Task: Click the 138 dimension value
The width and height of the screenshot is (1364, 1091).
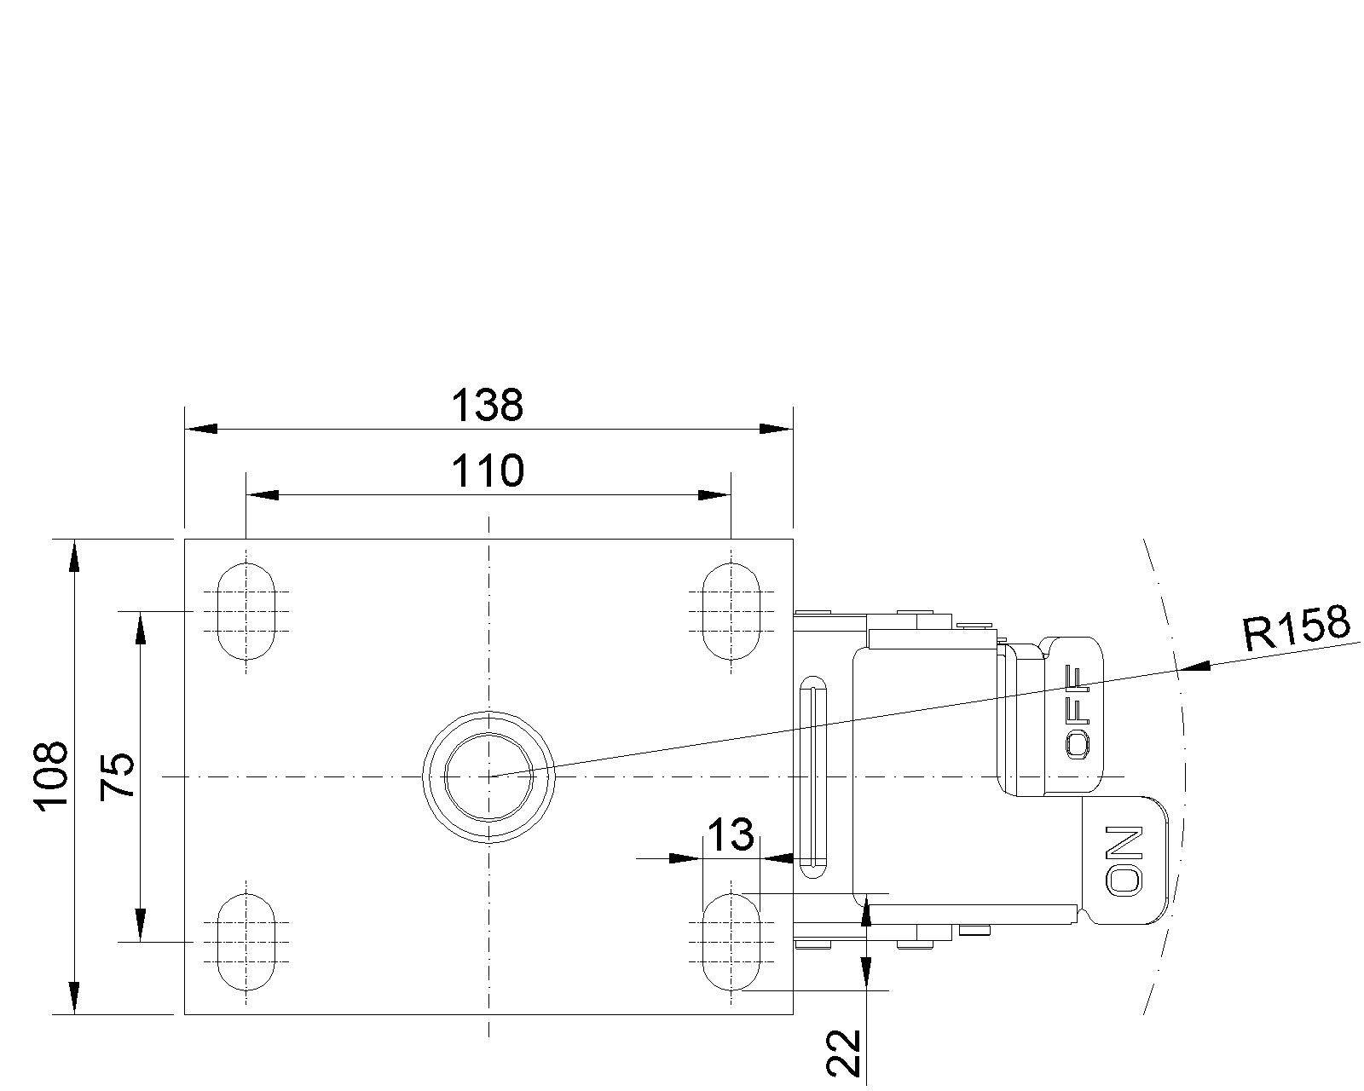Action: click(x=487, y=406)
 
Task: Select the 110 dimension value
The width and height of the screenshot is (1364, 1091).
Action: click(x=487, y=470)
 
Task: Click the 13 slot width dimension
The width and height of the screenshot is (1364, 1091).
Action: click(x=731, y=835)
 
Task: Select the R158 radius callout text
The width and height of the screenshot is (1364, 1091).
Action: click(x=1297, y=628)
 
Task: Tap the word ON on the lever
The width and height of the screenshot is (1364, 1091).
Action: click(x=1124, y=860)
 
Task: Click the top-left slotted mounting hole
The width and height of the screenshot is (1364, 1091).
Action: click(x=246, y=611)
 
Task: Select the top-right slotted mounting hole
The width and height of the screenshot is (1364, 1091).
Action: click(x=731, y=611)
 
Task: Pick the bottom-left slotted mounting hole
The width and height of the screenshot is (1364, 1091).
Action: click(x=246, y=942)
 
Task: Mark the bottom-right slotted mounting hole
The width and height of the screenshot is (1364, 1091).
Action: click(x=731, y=942)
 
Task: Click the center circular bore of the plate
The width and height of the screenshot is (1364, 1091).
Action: click(x=489, y=776)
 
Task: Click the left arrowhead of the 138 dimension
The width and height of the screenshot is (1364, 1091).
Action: click(x=201, y=429)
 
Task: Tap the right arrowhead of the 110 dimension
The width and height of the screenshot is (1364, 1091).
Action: click(x=714, y=495)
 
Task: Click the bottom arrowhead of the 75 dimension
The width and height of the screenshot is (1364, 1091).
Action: click(x=140, y=925)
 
